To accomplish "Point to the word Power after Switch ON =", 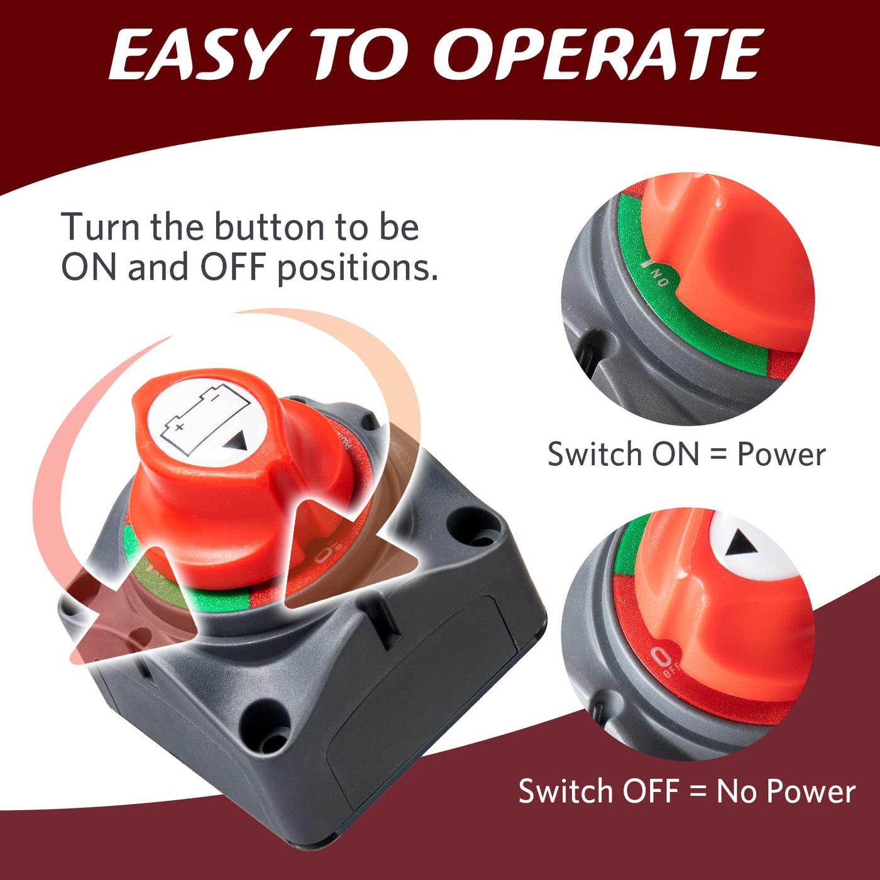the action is click(x=781, y=455).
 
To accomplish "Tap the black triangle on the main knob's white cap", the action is click(x=236, y=442).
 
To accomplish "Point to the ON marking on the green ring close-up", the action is click(x=656, y=273).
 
